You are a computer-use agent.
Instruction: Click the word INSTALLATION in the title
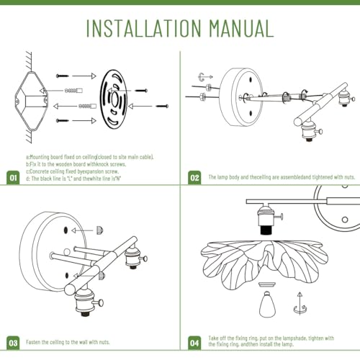coord(143,28)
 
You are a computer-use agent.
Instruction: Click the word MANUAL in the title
coord(241,28)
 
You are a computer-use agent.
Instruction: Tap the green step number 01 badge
coord(13,178)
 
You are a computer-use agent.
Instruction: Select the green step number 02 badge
coord(194,178)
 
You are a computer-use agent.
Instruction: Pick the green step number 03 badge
coord(13,343)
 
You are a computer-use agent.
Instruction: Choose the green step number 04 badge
coord(194,343)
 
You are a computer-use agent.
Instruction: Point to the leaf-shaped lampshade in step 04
coord(264,264)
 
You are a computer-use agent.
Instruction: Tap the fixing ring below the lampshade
coord(267,284)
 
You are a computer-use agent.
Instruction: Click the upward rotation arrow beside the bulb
coord(300,303)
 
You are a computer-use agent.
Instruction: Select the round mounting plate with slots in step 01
coord(114,99)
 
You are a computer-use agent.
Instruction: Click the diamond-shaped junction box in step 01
coord(31,101)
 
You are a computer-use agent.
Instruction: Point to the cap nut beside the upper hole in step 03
coord(100,230)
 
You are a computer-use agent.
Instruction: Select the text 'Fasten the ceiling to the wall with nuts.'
coord(68,342)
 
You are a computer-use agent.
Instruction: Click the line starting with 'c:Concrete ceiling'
coord(72,171)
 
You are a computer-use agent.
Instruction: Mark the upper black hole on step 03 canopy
coord(66,230)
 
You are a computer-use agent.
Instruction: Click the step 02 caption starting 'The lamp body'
coord(282,177)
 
